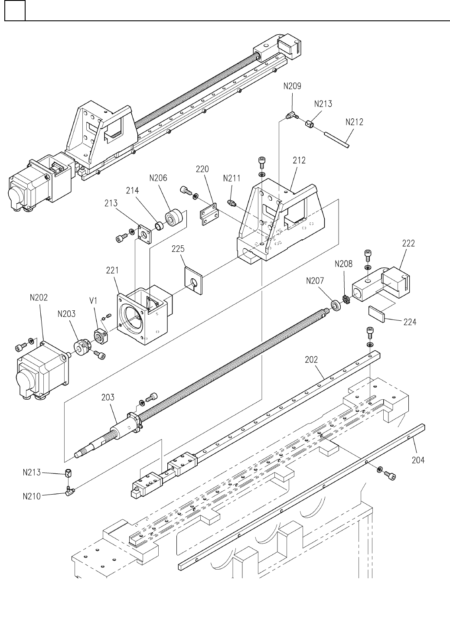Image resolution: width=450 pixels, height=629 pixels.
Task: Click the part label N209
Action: [292, 86]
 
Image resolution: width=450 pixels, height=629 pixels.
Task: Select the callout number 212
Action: [299, 160]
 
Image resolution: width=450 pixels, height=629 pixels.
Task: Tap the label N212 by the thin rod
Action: [354, 122]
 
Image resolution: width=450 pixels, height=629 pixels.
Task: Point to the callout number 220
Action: [202, 169]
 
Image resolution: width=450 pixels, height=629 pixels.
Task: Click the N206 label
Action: [158, 178]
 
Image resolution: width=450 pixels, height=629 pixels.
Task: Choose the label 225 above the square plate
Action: [178, 249]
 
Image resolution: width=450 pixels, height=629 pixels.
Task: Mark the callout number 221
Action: [112, 270]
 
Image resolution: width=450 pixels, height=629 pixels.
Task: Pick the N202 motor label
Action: [39, 298]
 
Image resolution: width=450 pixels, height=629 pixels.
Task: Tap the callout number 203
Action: [108, 397]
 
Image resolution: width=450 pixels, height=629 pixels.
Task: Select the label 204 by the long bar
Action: [418, 460]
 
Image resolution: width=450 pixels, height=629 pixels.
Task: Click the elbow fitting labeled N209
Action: [290, 115]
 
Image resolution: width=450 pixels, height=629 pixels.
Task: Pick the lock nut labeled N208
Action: [346, 300]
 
